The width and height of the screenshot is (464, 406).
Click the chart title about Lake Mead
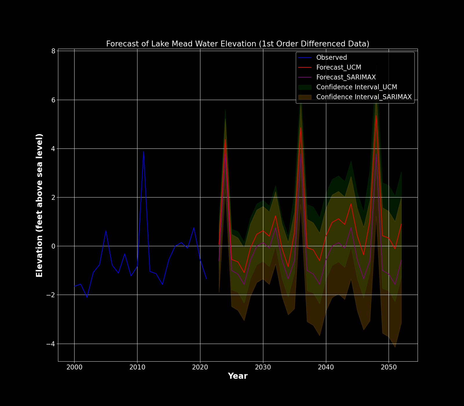pos(238,44)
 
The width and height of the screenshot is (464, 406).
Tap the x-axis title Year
pos(238,376)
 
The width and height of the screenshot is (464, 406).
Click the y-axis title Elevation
pos(39,205)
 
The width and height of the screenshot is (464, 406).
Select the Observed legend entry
pos(331,57)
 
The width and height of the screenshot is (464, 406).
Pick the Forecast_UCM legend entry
pos(338,67)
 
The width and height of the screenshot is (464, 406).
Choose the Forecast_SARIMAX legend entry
pos(346,77)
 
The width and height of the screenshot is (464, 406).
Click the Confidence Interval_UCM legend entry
pos(356,87)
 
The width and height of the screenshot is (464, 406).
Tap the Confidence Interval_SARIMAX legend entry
pos(364,97)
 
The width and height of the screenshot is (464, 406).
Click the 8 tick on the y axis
pos(53,51)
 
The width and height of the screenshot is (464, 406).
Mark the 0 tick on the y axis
pos(53,246)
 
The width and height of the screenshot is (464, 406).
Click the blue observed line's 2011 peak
pos(143,151)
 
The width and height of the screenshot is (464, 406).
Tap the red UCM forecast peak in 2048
pos(376,115)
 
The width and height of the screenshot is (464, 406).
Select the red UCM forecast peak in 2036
pos(300,127)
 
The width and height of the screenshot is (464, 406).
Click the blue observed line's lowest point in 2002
pos(87,297)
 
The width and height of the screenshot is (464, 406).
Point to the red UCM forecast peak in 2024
pos(225,139)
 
